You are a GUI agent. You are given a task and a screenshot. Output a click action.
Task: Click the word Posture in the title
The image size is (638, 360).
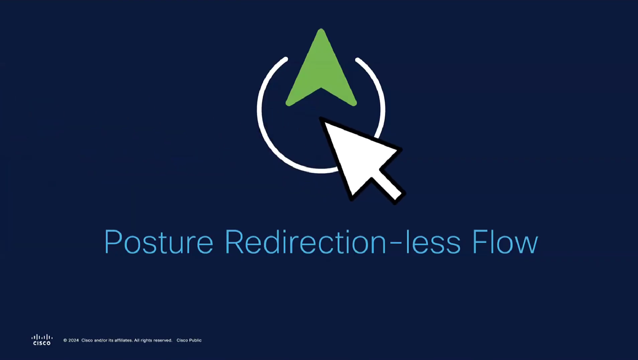[x=159, y=242]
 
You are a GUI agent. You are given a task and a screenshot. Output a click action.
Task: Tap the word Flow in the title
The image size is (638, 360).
[x=505, y=242]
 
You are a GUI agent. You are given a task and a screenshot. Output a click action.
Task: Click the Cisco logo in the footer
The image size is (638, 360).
[x=42, y=340]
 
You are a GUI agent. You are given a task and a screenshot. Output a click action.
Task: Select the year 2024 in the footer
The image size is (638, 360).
[x=73, y=340]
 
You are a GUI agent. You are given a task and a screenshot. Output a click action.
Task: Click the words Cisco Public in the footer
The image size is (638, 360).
[x=189, y=340]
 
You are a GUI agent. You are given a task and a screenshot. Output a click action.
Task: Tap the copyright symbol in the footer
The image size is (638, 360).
[x=65, y=340]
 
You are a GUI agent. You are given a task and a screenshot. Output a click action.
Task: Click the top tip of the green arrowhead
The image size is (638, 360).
[x=321, y=29]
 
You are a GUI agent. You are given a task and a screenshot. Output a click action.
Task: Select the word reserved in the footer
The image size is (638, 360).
[x=163, y=340]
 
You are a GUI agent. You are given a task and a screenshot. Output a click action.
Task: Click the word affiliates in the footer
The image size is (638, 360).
[x=123, y=340]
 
